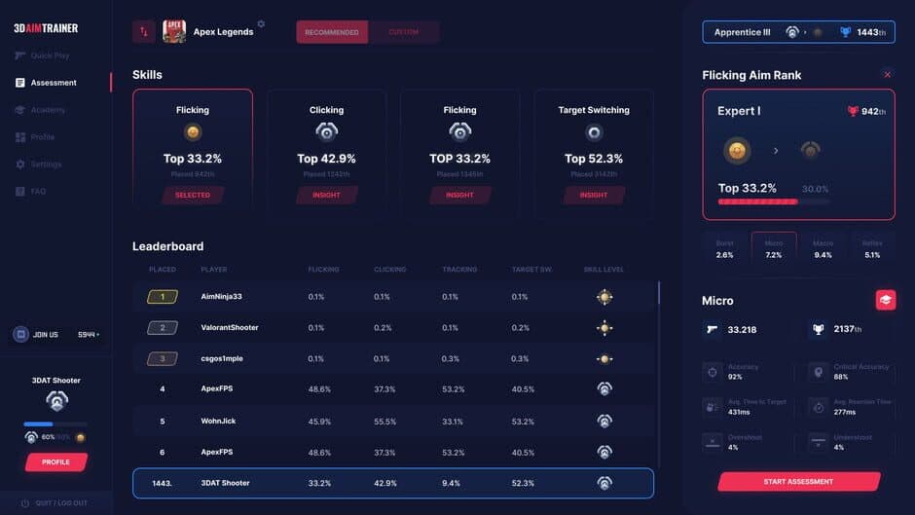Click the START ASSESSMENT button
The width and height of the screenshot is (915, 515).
[799, 482]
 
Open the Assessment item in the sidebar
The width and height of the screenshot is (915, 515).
[53, 83]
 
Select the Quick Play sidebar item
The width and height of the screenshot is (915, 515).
[50, 55]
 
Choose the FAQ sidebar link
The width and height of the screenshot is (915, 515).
[38, 192]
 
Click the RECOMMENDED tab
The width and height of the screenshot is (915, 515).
[332, 32]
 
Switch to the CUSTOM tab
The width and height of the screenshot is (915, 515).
[403, 32]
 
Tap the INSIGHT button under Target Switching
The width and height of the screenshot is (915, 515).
[594, 195]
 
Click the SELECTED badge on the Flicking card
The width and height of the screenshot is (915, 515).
[193, 195]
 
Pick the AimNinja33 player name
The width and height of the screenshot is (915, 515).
[221, 297]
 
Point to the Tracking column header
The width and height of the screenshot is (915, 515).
[459, 269]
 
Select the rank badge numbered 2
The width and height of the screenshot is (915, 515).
[163, 328]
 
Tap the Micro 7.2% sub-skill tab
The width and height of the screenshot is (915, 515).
[774, 249]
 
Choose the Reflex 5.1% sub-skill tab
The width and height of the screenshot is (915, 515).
[872, 249]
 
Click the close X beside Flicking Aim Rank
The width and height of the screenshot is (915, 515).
[887, 74]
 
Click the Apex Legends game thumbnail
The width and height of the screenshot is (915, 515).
[174, 32]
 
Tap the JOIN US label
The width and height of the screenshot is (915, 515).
[46, 335]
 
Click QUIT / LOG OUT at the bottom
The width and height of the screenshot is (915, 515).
[60, 503]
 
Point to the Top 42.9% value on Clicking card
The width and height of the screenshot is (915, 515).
[326, 159]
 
